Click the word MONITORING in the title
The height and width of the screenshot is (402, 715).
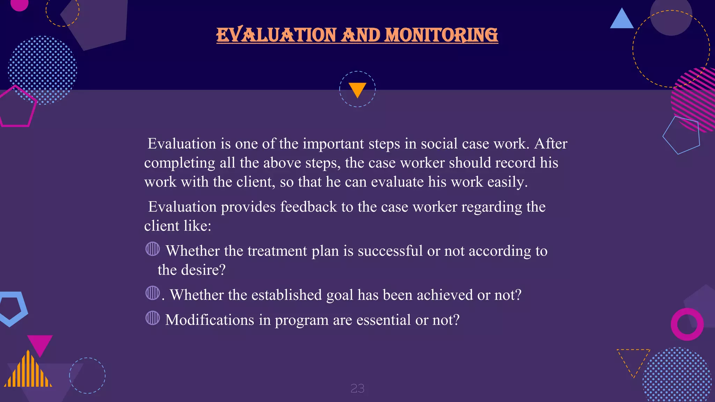tap(441, 35)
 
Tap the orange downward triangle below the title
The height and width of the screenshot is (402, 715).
tap(357, 89)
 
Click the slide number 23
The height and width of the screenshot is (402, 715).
tap(357, 388)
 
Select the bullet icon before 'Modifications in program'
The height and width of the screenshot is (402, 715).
tap(153, 318)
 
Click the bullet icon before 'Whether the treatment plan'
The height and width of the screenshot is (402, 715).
tap(153, 249)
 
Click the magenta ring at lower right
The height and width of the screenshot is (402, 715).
tap(687, 324)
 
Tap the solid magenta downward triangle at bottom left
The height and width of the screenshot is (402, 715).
tap(39, 344)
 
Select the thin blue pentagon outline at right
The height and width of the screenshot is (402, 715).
tap(681, 135)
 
